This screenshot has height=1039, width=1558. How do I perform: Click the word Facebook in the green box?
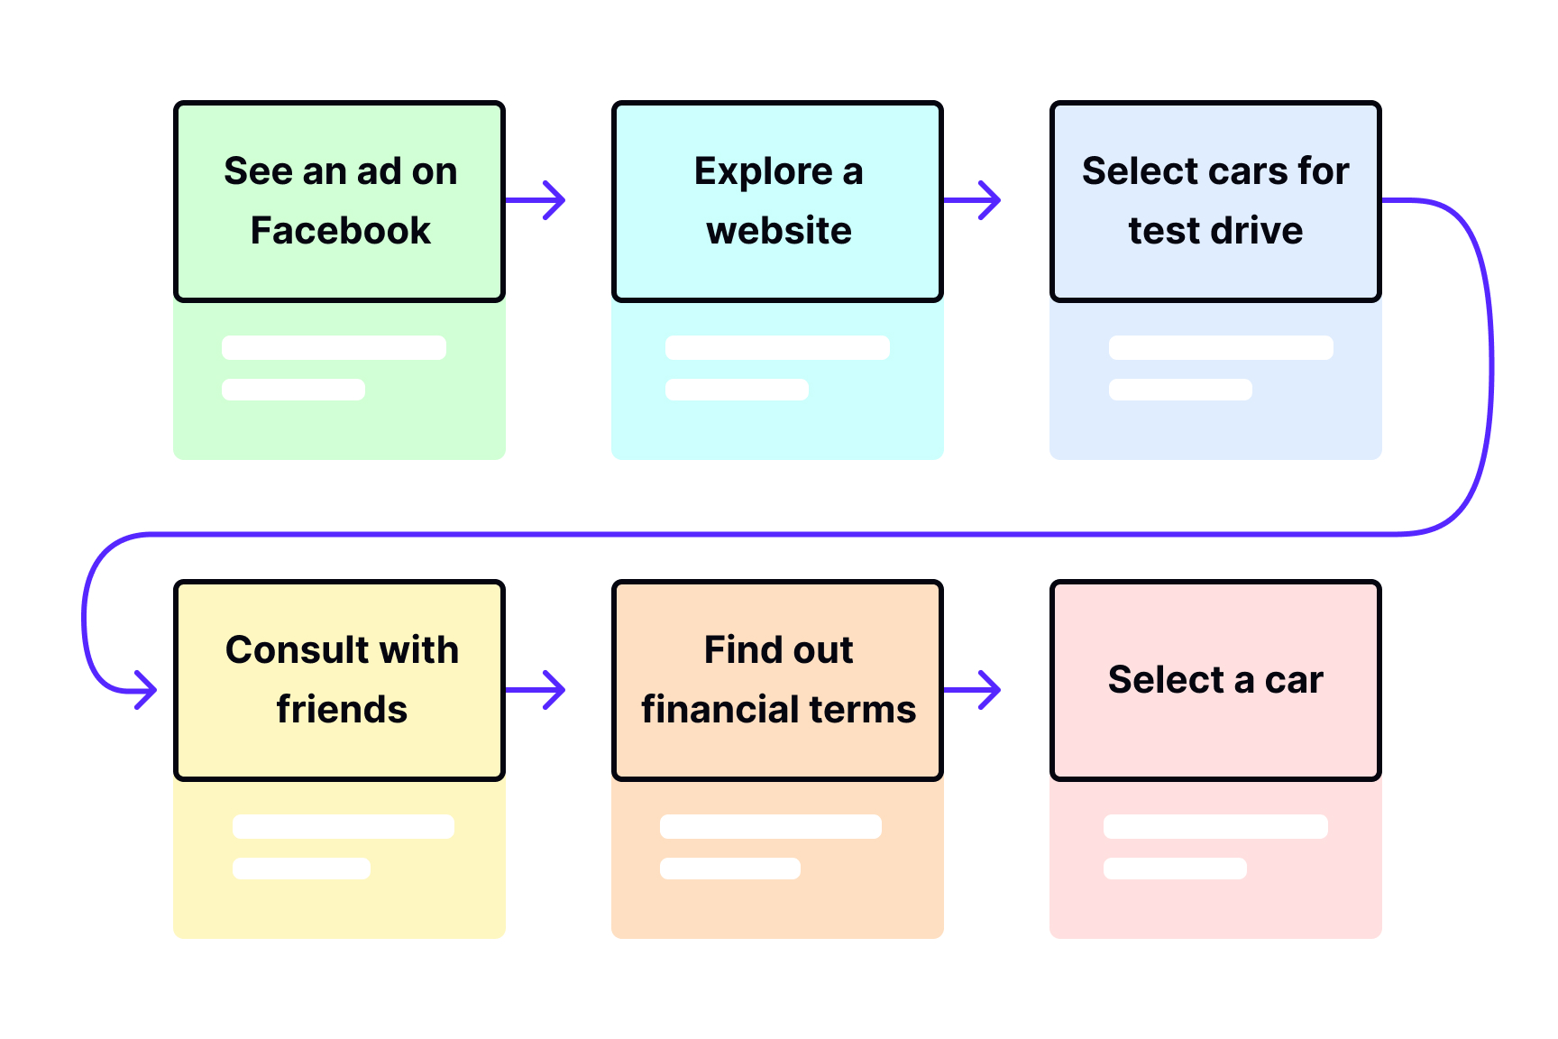click(x=340, y=231)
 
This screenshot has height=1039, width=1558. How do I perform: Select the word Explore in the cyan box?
click(x=763, y=171)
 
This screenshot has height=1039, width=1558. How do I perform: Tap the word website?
click(x=779, y=231)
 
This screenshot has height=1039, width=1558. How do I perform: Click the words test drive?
click(x=1215, y=231)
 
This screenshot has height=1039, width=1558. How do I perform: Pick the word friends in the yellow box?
click(x=342, y=710)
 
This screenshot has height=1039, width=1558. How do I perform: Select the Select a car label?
click(x=1215, y=680)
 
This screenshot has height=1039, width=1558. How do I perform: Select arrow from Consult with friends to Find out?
click(x=536, y=691)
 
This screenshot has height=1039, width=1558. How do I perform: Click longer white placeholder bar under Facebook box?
click(x=334, y=348)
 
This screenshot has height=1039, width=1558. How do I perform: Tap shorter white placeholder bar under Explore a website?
click(x=737, y=390)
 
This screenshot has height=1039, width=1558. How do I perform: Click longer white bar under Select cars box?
click(x=1221, y=348)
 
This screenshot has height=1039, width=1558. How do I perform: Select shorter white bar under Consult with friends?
click(x=301, y=869)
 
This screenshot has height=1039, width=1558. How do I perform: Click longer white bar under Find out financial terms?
click(x=770, y=827)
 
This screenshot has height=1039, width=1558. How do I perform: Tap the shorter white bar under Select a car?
click(x=1175, y=869)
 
